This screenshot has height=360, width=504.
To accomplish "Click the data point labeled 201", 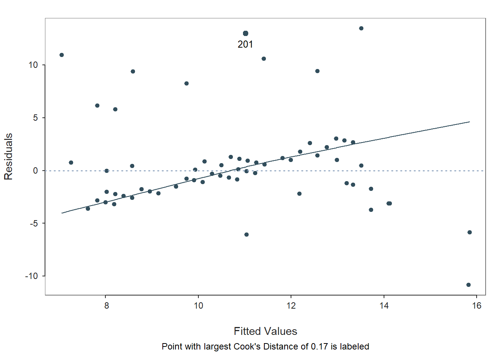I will click(x=246, y=33).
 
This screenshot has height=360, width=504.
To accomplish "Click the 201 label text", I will click(x=245, y=44).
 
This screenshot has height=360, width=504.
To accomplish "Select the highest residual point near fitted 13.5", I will click(x=361, y=28).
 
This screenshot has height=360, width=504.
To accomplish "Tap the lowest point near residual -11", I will click(x=468, y=285).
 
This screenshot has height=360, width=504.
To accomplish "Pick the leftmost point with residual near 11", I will click(x=61, y=55).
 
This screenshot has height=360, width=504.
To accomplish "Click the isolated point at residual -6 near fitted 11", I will click(x=246, y=234).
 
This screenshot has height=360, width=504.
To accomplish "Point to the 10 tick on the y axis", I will click(x=33, y=65).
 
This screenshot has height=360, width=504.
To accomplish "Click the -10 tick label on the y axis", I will click(x=31, y=276).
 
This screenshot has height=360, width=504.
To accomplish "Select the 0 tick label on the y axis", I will click(x=36, y=171).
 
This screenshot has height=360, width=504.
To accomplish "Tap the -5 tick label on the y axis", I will click(x=33, y=223).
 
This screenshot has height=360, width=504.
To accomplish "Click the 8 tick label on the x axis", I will click(x=106, y=306).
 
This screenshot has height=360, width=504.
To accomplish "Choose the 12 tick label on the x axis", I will click(x=291, y=306).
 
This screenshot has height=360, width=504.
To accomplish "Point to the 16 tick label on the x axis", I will click(x=476, y=306).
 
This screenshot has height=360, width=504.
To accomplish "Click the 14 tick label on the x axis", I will click(x=384, y=306).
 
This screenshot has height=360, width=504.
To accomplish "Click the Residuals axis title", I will click(x=9, y=156).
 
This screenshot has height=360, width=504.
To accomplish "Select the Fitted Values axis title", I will click(x=265, y=331).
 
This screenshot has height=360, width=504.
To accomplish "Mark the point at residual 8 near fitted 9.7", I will click(x=186, y=83).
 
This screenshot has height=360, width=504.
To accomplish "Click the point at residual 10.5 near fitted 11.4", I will click(x=264, y=58).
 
